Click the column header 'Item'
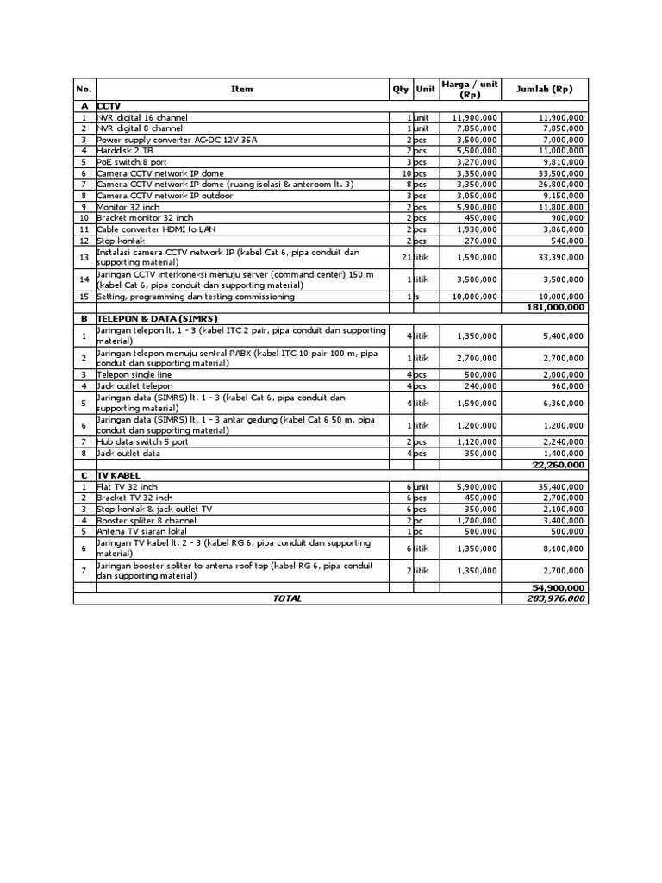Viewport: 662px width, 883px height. pos(242,89)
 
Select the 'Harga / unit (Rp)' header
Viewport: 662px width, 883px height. pos(470,89)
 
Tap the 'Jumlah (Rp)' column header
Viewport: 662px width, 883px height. pos(544,89)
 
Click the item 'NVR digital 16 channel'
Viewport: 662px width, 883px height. pos(142,117)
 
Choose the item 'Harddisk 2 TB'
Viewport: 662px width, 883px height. pos(125,150)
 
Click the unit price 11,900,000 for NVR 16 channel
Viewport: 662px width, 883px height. pos(473,117)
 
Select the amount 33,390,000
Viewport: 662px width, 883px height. pos(559,256)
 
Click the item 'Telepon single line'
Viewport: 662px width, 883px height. pos(134,374)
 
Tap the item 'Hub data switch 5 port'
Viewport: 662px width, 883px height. pos(142,441)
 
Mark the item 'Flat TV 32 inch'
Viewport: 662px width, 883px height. pos(128,486)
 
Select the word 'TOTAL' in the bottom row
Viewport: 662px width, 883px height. pos(287,598)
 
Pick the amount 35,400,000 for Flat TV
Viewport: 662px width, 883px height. pos(559,486)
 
